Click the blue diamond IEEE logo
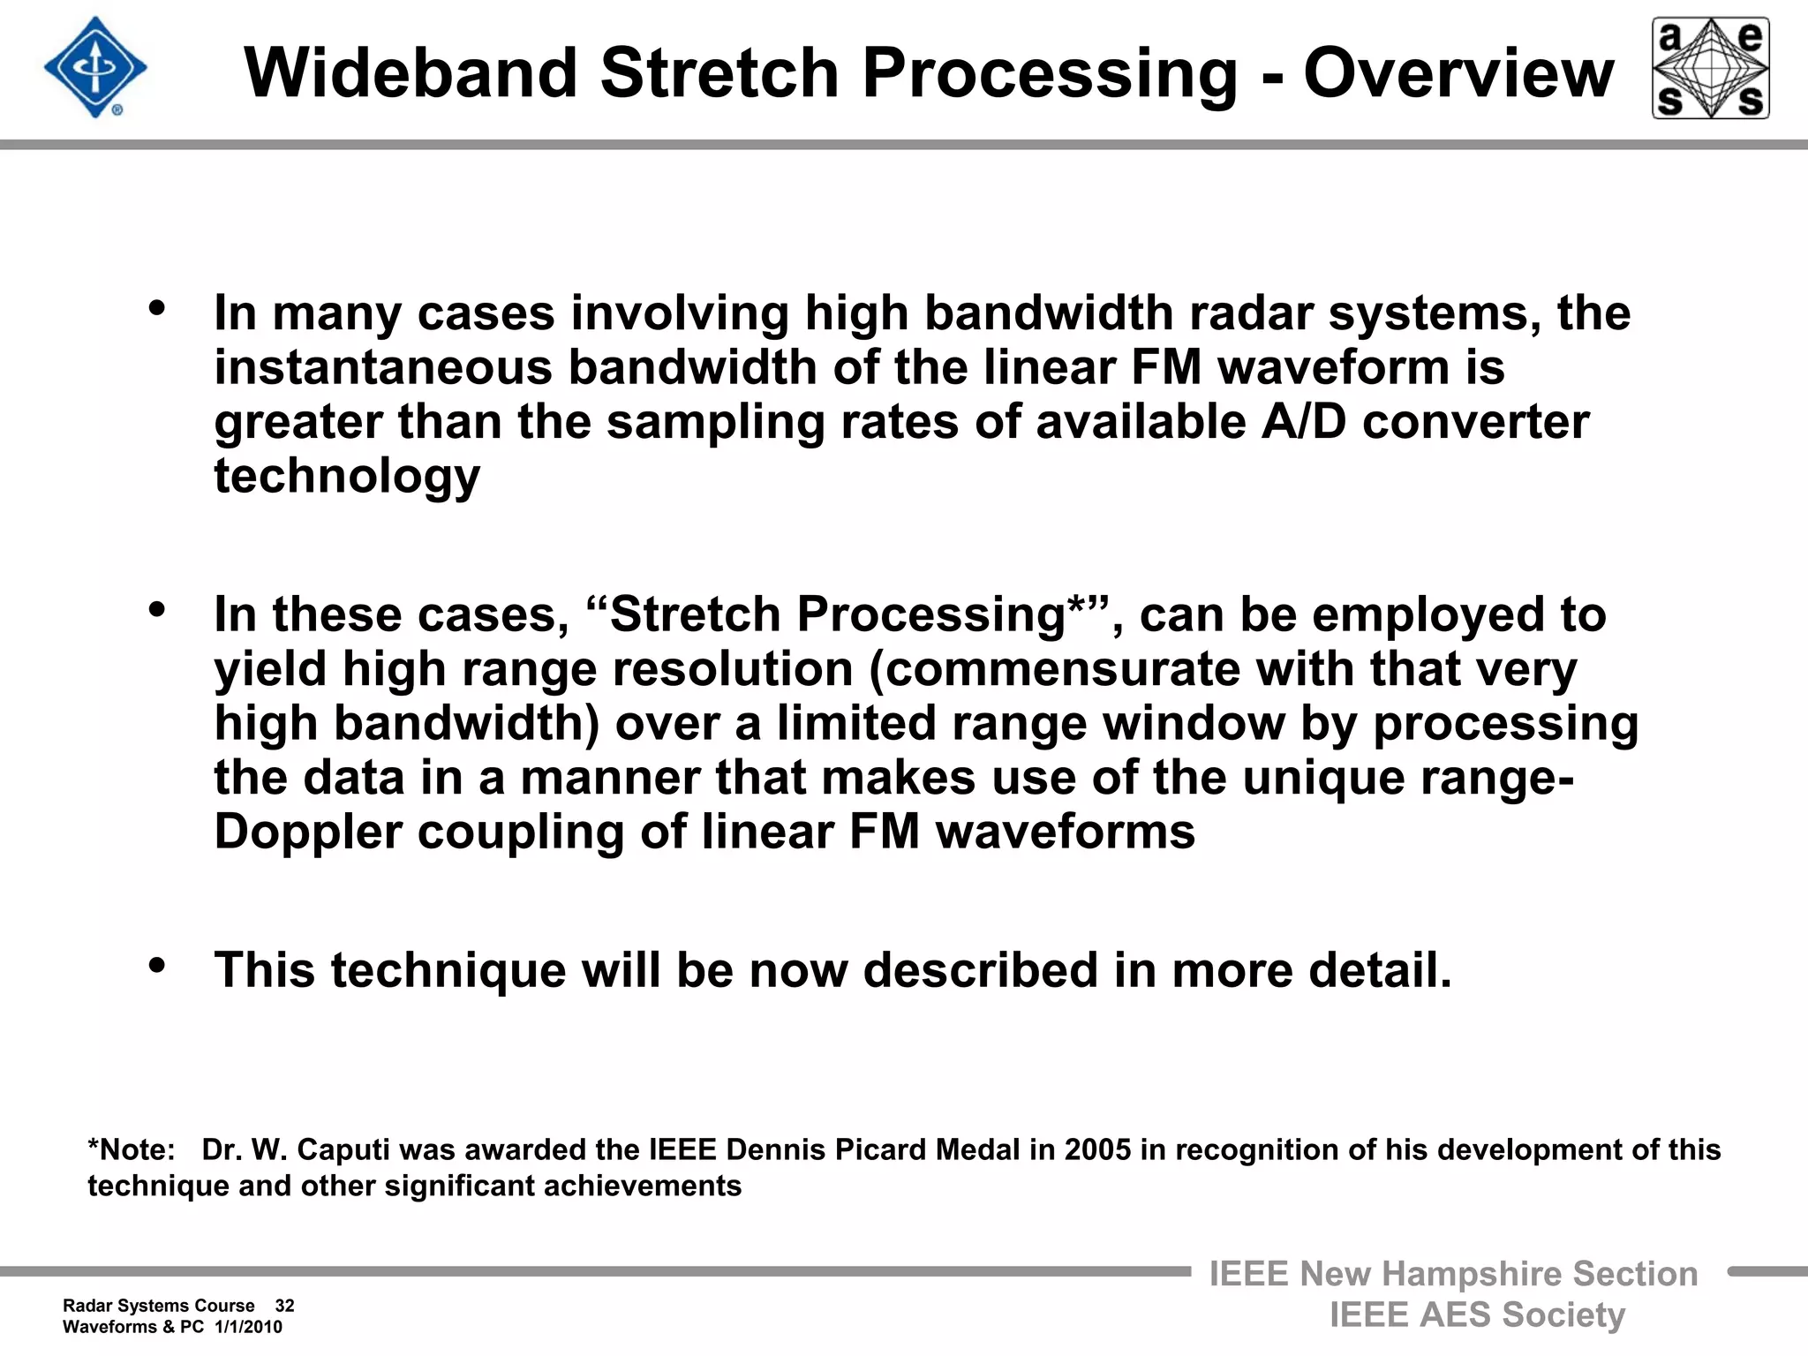pyautogui.click(x=95, y=68)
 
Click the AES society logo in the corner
pyautogui.click(x=1710, y=68)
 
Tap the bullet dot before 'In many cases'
pyautogui.click(x=157, y=308)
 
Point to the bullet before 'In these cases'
pyautogui.click(x=157, y=609)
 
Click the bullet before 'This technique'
pyautogui.click(x=157, y=965)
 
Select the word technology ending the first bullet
pyautogui.click(x=347, y=477)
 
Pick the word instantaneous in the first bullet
pyautogui.click(x=382, y=367)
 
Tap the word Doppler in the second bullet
pyautogui.click(x=307, y=832)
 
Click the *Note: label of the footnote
pyautogui.click(x=132, y=1150)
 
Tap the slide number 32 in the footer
pyautogui.click(x=284, y=1306)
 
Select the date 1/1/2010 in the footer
pyautogui.click(x=248, y=1327)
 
